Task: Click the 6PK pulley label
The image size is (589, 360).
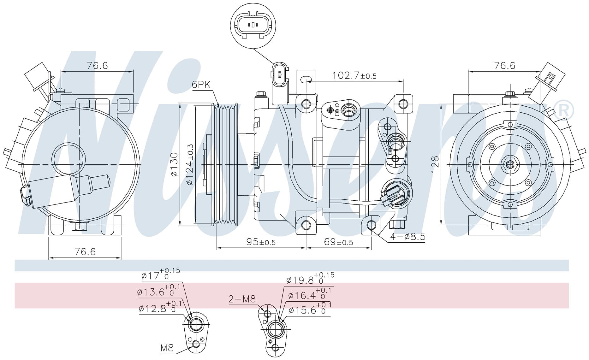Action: point(201,85)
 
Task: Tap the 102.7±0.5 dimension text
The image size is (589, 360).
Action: point(354,76)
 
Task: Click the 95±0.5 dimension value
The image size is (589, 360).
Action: point(261,242)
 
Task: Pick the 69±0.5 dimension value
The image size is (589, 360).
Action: point(338,242)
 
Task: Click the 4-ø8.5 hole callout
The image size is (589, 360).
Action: point(408,237)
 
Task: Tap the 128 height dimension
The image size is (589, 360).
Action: point(435,164)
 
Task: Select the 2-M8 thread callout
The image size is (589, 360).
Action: point(242,299)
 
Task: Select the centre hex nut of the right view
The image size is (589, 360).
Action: point(510,164)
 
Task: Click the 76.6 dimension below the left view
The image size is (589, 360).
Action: point(85,251)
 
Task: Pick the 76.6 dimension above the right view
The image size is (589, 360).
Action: point(505,65)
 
